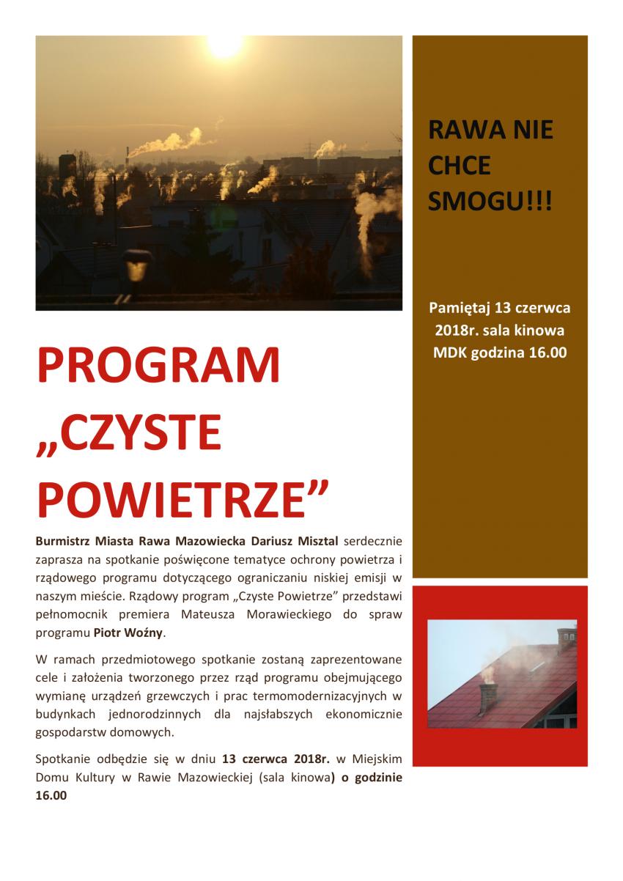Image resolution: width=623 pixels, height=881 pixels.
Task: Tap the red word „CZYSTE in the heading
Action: pyautogui.click(x=129, y=434)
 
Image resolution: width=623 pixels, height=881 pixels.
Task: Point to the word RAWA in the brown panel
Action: pyautogui.click(x=459, y=132)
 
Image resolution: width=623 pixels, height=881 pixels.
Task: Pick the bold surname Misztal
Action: pyautogui.click(x=314, y=541)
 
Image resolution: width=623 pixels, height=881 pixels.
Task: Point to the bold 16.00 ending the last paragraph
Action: pyautogui.click(x=51, y=795)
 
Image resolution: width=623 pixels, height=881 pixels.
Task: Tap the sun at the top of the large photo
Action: pyautogui.click(x=225, y=44)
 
